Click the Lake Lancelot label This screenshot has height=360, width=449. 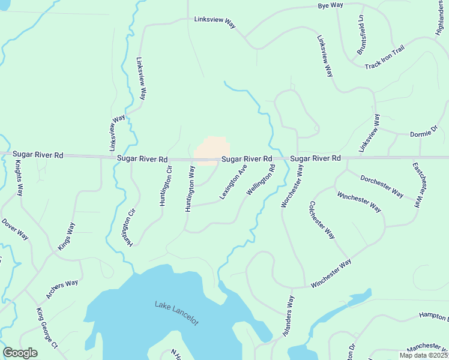176,313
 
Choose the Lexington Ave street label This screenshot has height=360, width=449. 233,182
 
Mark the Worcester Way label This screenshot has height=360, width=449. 292,187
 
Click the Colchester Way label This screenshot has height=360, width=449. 322,220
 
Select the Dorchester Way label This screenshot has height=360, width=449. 381,186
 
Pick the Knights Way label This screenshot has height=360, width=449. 19,179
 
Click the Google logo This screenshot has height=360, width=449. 20,353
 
